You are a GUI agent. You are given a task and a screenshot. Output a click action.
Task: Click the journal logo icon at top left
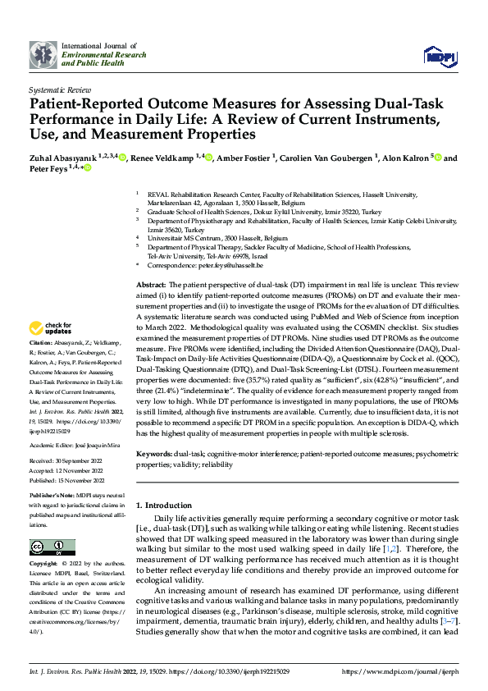43,55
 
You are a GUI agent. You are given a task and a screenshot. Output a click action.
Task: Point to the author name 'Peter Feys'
50,168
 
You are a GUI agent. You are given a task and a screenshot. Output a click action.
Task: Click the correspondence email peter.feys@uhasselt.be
235,266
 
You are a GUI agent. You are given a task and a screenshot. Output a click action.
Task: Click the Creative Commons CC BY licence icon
48,547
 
